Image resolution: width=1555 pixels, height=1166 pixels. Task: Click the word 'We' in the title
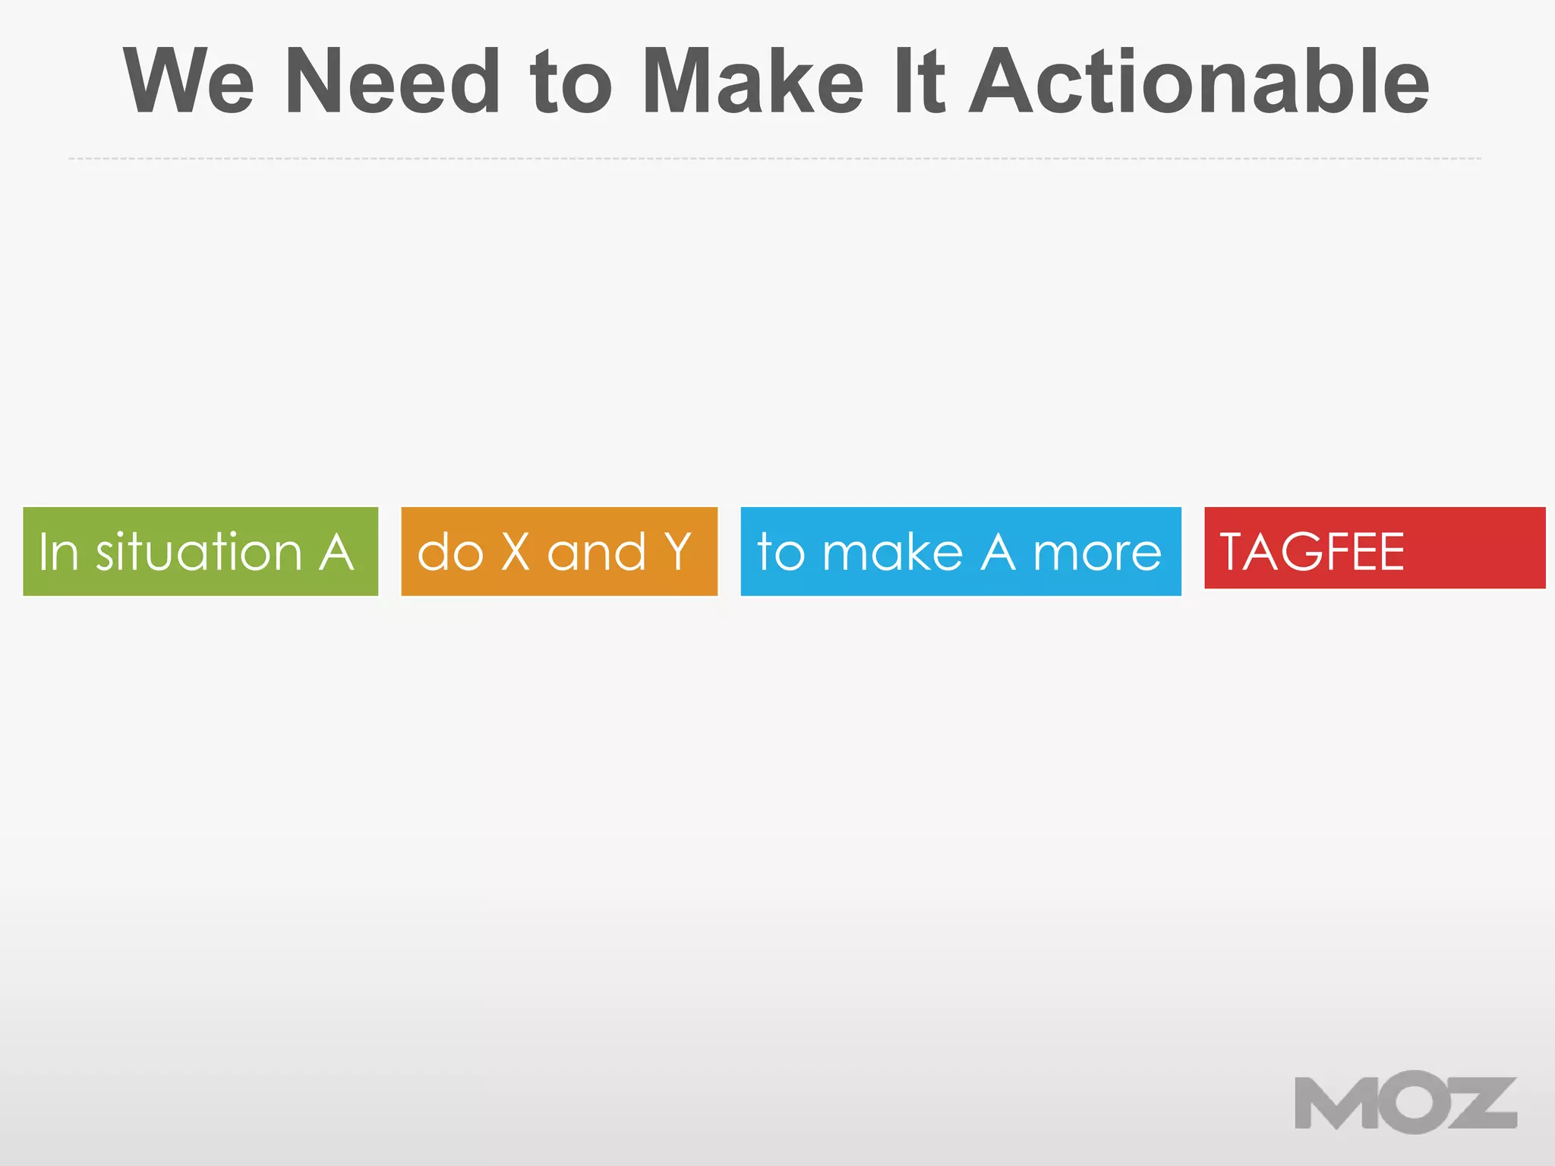tap(188, 81)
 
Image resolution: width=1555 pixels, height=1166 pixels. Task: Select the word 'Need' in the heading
tap(392, 81)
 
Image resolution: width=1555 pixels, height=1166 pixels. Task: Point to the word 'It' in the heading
tap(919, 81)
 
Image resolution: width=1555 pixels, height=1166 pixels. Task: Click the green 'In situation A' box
tap(200, 551)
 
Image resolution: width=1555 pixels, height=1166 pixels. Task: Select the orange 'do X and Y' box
tap(559, 551)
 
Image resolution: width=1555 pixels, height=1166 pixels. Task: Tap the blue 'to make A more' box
tap(960, 551)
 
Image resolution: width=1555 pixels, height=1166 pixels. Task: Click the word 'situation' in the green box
tap(199, 551)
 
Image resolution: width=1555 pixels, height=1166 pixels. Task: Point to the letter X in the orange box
tap(516, 552)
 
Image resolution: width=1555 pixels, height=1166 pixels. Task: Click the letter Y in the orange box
tap(677, 552)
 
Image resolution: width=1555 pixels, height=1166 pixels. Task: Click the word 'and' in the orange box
tap(597, 552)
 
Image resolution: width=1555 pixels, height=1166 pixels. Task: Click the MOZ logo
tap(1405, 1102)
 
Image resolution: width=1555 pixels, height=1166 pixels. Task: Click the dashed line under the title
tap(774, 159)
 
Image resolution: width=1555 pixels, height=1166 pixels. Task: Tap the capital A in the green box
tap(336, 552)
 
